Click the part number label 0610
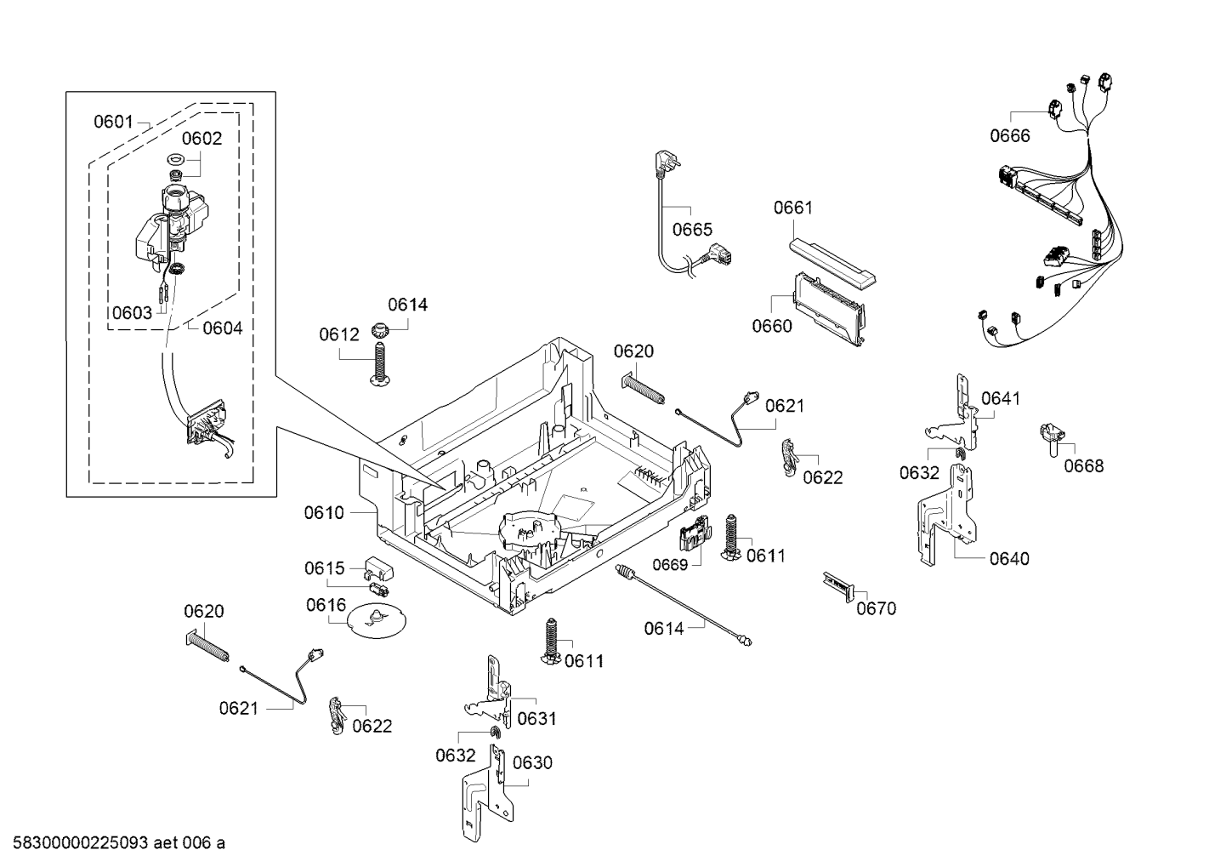point(324,513)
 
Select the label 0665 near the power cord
point(692,230)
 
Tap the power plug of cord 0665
point(661,162)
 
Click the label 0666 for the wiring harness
point(1009,136)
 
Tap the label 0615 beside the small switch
point(325,568)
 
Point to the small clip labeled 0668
point(1052,435)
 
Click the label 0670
point(876,608)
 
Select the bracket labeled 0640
point(944,515)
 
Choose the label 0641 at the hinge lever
point(1001,398)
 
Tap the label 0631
point(536,719)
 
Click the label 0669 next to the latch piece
point(672,564)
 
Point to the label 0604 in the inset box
point(222,328)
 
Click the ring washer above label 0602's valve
point(176,159)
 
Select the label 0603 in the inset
point(132,312)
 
